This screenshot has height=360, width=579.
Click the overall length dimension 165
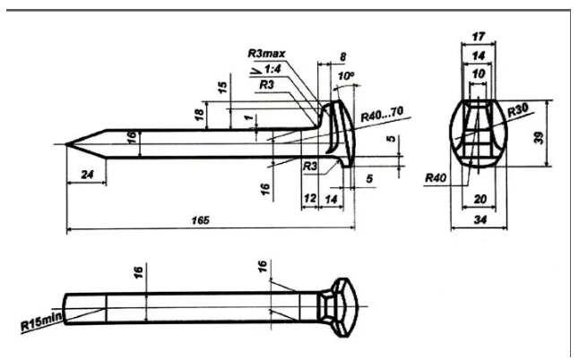201,220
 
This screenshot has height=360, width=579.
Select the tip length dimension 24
87,174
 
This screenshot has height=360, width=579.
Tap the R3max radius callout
266,54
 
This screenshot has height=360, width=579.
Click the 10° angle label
346,76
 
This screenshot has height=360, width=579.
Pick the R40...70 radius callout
382,114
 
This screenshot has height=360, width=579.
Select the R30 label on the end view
518,110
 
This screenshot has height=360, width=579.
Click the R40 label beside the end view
436,178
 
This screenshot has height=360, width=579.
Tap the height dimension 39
540,137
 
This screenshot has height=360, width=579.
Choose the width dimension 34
480,219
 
